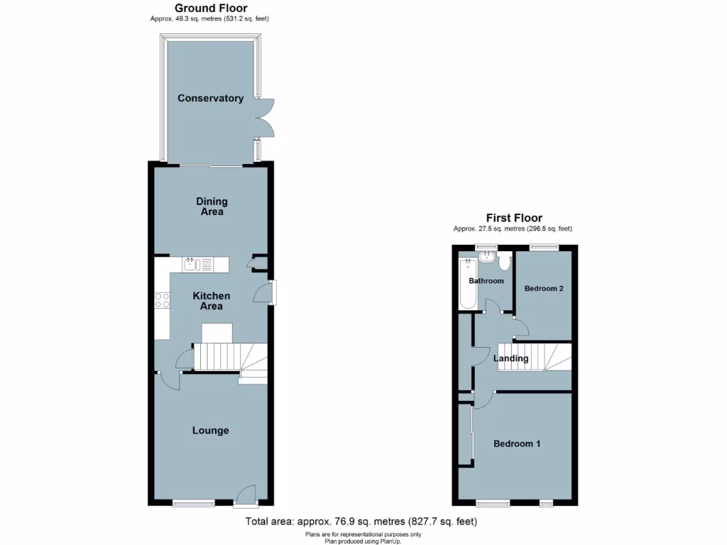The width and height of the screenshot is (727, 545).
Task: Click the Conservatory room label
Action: pos(210,99)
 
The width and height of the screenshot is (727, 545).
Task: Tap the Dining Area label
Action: pos(212,207)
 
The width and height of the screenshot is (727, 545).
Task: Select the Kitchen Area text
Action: pos(211,301)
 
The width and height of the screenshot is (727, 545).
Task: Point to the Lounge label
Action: pos(211,430)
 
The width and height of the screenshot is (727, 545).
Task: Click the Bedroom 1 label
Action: pos(517,444)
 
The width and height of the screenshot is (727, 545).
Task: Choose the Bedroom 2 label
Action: pos(543,289)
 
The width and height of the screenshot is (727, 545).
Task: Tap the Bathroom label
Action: pos(486,281)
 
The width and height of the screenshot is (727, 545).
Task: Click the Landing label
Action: pos(511,358)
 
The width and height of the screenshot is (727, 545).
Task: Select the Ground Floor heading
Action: pos(211,8)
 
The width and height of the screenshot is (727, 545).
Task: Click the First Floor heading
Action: pos(514,218)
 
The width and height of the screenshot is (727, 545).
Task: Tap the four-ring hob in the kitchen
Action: pos(162,300)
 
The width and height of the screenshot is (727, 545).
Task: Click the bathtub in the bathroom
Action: pos(468,284)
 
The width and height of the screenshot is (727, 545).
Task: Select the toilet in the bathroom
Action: pos(505,263)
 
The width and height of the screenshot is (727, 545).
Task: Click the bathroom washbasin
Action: pos(487,257)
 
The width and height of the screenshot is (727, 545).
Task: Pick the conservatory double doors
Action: pos(265,116)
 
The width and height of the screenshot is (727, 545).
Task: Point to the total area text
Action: pos(361,522)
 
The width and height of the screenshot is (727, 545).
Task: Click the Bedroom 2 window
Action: pos(544,247)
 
